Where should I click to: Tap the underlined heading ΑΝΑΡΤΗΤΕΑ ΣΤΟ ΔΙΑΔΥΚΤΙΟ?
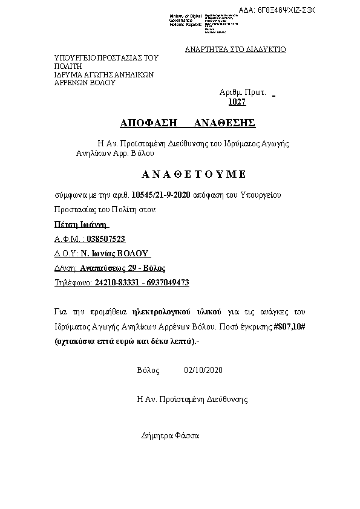tap(235, 50)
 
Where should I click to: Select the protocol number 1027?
tap(237, 102)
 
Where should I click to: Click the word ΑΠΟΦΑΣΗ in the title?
tap(148, 123)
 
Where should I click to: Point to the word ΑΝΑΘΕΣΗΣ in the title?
tap(224, 123)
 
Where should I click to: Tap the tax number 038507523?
tap(106, 239)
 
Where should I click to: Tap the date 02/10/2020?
tap(204, 370)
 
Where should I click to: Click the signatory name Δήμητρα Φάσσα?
tap(169, 435)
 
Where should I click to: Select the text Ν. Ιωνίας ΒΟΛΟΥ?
tap(115, 253)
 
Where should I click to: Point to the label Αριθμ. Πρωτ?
tap(243, 93)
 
